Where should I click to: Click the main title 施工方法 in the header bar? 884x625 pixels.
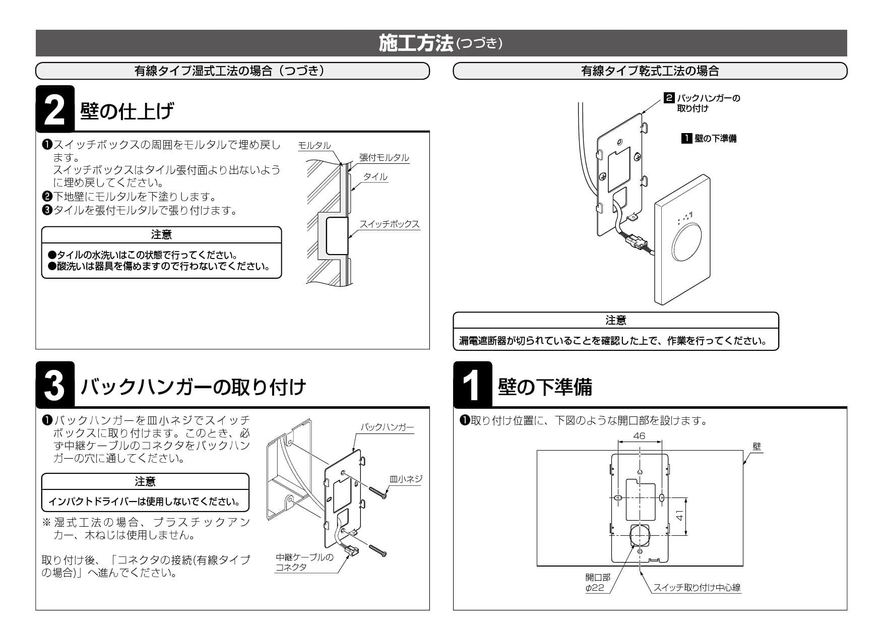pyautogui.click(x=416, y=43)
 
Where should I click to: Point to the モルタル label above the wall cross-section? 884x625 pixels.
pyautogui.click(x=314, y=146)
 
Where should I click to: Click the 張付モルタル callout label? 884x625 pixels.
pyautogui.click(x=384, y=158)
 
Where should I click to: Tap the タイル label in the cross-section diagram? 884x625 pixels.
pyautogui.click(x=375, y=177)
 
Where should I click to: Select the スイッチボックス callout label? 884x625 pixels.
pyautogui.click(x=389, y=224)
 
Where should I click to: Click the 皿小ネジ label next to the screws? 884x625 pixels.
pyautogui.click(x=406, y=479)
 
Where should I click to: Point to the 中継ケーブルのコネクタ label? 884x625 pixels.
pyautogui.click(x=304, y=562)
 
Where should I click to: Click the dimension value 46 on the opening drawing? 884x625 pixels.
pyautogui.click(x=639, y=436)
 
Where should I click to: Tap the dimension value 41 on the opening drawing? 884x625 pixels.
pyautogui.click(x=679, y=516)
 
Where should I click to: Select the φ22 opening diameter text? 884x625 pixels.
pyautogui.click(x=595, y=588)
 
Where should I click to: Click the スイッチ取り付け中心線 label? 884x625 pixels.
pyautogui.click(x=697, y=588)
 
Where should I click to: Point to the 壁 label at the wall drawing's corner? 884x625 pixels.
pyautogui.click(x=756, y=447)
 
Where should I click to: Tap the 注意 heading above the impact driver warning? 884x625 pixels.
pyautogui.click(x=145, y=482)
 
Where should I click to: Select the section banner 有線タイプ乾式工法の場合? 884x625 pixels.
pyautogui.click(x=650, y=71)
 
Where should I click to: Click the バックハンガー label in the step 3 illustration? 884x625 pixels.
pyautogui.click(x=387, y=427)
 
